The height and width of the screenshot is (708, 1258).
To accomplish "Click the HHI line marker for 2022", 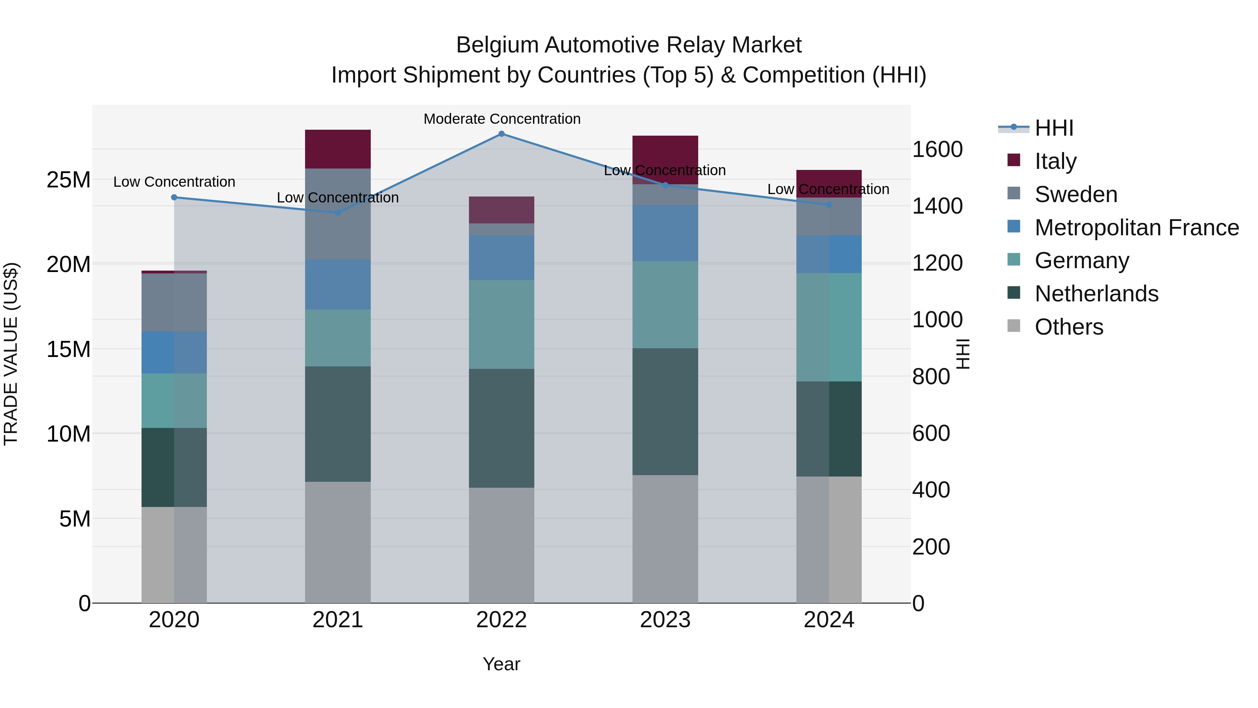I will pyautogui.click(x=501, y=134).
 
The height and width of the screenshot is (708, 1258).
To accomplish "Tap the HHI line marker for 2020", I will pyautogui.click(x=174, y=198).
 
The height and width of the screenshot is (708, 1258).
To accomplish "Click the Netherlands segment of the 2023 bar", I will pyautogui.click(x=665, y=412).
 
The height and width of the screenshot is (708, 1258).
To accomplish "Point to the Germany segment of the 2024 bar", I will pyautogui.click(x=829, y=327).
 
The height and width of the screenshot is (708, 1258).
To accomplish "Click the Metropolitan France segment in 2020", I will pyautogui.click(x=174, y=352).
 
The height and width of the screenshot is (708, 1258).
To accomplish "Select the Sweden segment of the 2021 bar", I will pyautogui.click(x=338, y=214).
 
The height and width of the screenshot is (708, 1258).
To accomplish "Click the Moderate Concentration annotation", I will pyautogui.click(x=501, y=119).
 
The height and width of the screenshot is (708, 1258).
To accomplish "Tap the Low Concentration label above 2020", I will pyautogui.click(x=174, y=182).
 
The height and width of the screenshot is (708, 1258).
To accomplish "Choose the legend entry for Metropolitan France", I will pyautogui.click(x=1136, y=228).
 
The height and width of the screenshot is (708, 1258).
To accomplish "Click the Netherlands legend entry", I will pyautogui.click(x=1096, y=294).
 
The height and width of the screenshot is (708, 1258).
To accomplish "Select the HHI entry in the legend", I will pyautogui.click(x=1054, y=128).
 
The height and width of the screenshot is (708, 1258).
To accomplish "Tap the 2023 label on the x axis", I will pyautogui.click(x=665, y=620).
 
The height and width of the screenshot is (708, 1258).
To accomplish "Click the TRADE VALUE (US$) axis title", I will pyautogui.click(x=11, y=354).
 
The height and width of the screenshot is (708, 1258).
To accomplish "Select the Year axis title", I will pyautogui.click(x=501, y=664).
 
